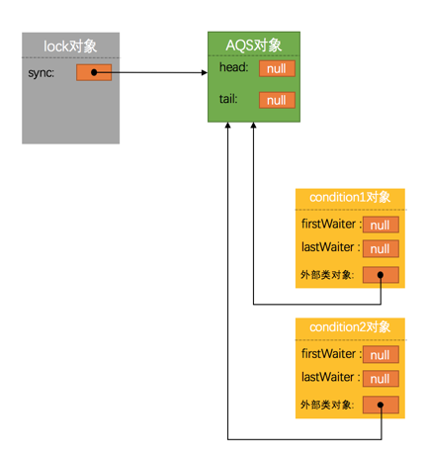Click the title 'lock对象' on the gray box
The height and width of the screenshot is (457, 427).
(x=70, y=46)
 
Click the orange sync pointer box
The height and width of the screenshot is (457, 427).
(x=94, y=72)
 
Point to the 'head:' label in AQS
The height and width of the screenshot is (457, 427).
(x=234, y=67)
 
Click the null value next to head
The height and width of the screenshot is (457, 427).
(x=277, y=68)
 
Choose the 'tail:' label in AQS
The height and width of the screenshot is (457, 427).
(x=230, y=99)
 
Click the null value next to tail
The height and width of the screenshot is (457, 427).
(x=277, y=100)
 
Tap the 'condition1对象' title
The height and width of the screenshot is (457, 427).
(x=350, y=198)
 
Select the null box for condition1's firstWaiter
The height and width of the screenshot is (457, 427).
(x=381, y=226)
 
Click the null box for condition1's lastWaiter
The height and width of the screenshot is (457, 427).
(x=381, y=248)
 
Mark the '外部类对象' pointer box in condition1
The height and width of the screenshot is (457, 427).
(x=381, y=274)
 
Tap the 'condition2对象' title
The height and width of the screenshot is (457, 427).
(x=350, y=327)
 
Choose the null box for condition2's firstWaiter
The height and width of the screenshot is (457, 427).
(x=381, y=355)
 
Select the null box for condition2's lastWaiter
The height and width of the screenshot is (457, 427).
(x=381, y=378)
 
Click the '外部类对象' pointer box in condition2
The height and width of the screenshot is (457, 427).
(x=381, y=404)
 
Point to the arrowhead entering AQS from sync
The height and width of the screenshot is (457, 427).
(x=203, y=72)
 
